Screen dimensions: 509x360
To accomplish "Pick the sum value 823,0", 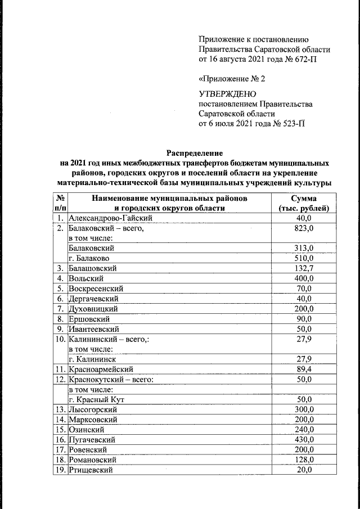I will point(304,228).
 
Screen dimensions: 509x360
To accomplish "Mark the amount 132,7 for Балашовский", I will point(304,268).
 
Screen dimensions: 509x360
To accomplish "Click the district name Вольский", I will point(84,278).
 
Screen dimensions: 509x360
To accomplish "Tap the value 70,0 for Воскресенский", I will point(304,289).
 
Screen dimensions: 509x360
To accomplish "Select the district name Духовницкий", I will point(93,309).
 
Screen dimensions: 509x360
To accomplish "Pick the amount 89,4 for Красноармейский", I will point(304,370).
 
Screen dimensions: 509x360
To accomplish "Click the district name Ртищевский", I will point(91,470).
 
